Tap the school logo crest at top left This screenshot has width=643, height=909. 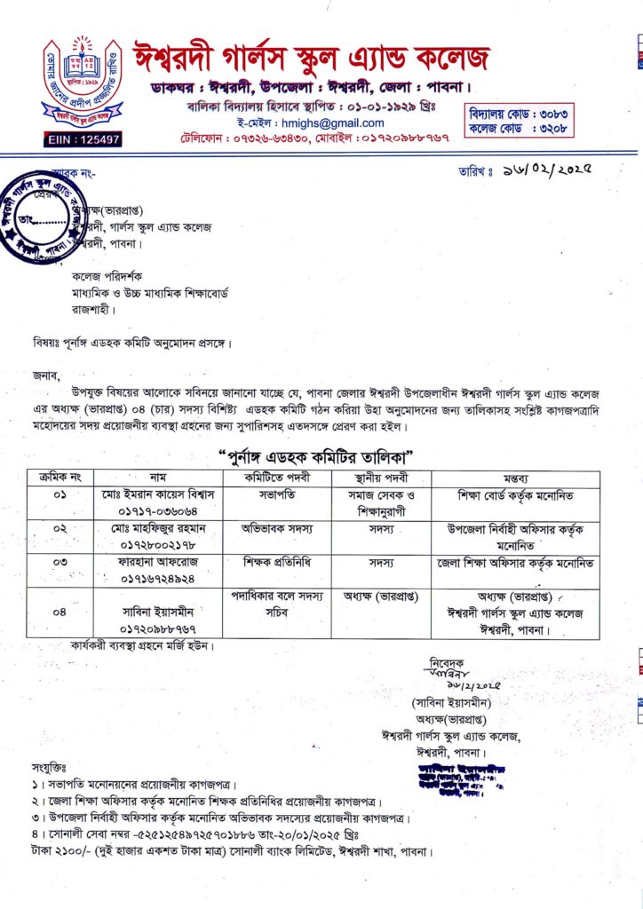click(x=81, y=80)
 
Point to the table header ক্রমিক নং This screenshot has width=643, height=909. click(x=60, y=478)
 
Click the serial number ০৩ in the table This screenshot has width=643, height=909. click(x=60, y=563)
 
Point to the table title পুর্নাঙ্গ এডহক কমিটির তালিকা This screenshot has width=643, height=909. click(x=319, y=456)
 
